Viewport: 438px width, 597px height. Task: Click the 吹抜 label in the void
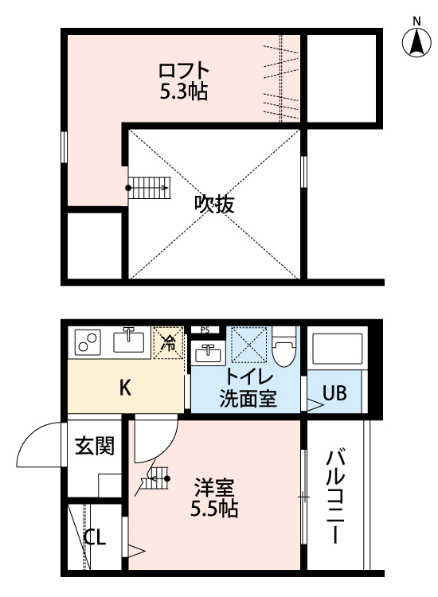(x=214, y=205)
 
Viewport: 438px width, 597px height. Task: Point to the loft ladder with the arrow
(x=148, y=189)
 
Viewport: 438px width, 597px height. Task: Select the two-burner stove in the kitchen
(x=87, y=343)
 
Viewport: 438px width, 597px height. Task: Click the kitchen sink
(x=130, y=342)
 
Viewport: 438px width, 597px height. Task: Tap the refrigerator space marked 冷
(x=169, y=343)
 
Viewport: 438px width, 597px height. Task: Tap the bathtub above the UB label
(x=334, y=349)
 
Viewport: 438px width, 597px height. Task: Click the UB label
(x=334, y=393)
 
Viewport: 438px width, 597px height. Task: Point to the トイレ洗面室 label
(x=248, y=388)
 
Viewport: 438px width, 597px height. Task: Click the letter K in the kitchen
(x=125, y=388)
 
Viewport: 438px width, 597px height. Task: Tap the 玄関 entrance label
(x=95, y=446)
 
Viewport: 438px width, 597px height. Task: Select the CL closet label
(x=95, y=537)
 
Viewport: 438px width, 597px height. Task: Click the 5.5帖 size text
(x=214, y=508)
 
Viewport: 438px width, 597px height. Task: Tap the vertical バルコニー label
(x=335, y=495)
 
